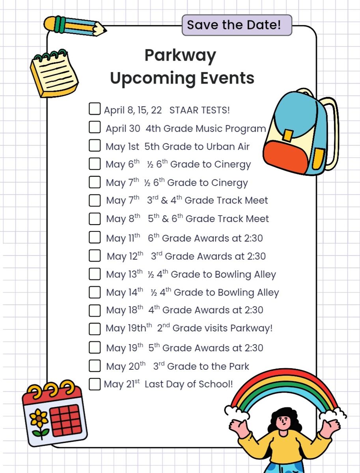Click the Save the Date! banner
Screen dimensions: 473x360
237,25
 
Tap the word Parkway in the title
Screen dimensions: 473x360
180,56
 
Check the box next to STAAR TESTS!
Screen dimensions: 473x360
95,109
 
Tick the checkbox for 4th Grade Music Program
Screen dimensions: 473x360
95,127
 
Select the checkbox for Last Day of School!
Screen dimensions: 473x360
95,384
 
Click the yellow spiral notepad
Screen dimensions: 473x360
54,74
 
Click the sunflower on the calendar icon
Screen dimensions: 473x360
39,418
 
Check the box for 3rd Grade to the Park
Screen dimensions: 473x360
95,365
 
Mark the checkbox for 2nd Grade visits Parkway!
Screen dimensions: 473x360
95,328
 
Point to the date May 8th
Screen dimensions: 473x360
123,219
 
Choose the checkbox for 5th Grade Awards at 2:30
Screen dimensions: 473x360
95,347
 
